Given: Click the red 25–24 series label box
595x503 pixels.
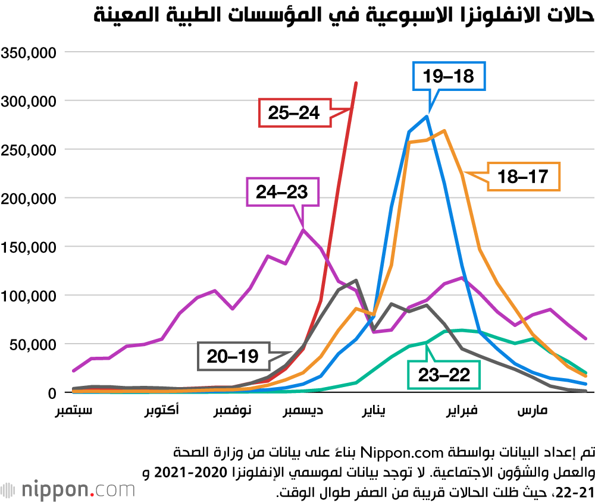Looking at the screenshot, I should pos(294,113).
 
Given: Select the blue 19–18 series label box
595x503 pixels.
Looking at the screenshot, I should pos(449,76).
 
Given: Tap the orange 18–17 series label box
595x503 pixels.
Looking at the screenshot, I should pos(523,176).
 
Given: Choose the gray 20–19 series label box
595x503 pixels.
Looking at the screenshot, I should pos(233,357).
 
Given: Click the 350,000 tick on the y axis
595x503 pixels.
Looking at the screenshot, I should pos(29,52).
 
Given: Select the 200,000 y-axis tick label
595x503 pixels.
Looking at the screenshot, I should pos(29,198).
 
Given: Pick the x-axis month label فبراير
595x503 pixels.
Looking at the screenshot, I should pos(466,411).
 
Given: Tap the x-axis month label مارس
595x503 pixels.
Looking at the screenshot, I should pos(533,411).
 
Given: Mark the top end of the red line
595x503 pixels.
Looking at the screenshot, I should pos(356,83).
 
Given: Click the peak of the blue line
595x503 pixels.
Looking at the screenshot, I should pos(427,116).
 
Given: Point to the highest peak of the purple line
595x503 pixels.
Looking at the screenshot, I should pos(303,230).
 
